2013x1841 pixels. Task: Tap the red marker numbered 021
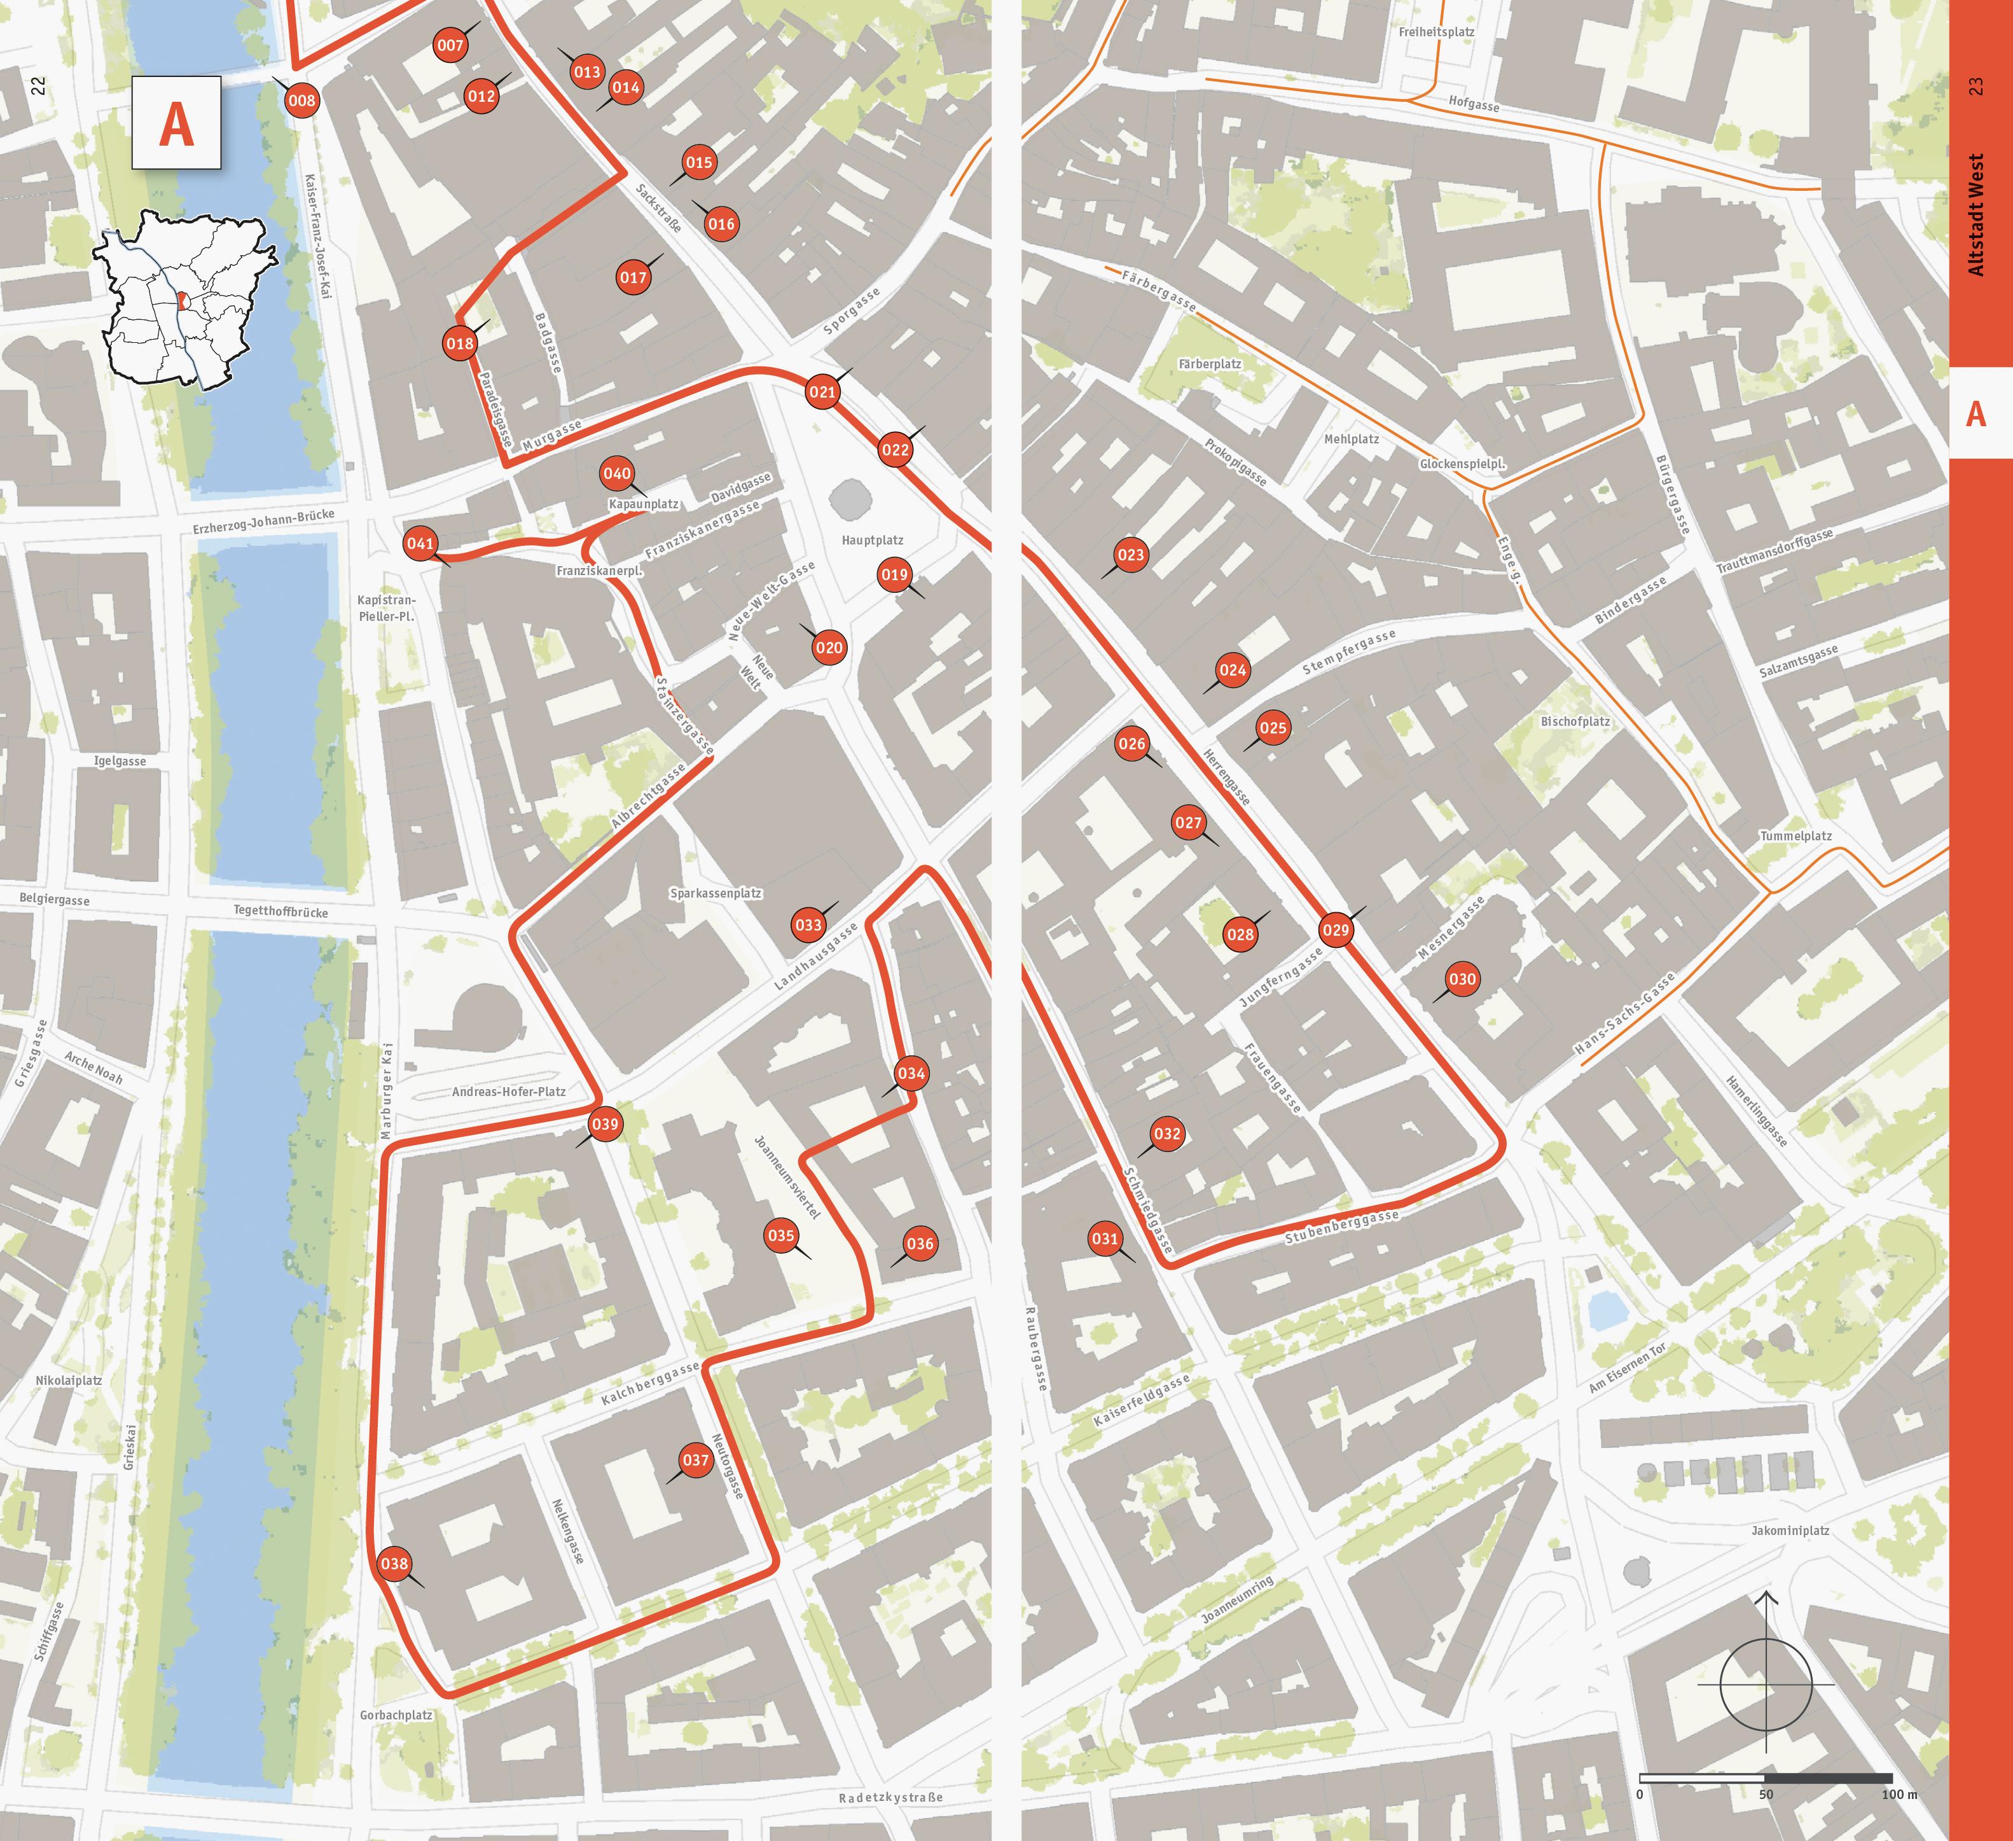(822, 392)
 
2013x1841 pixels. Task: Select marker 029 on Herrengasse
(1335, 930)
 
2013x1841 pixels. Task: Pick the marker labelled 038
(394, 1563)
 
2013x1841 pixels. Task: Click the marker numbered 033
(808, 925)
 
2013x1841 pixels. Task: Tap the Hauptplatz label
(872, 541)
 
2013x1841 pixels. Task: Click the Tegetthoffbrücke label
(280, 911)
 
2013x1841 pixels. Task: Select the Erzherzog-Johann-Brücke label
(263, 522)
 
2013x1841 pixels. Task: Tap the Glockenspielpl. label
(1462, 464)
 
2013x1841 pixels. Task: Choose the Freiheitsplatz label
(1436, 32)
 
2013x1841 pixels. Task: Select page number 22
(38, 87)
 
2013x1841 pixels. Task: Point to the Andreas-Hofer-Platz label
(508, 1092)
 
